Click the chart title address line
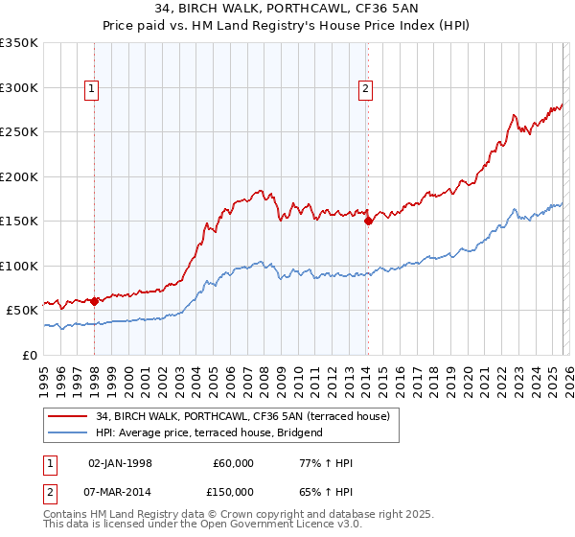[x=287, y=9]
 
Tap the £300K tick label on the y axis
[x=19, y=87]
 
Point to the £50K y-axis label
[x=22, y=311]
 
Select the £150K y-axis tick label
[x=19, y=222]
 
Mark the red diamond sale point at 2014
[x=368, y=221]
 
